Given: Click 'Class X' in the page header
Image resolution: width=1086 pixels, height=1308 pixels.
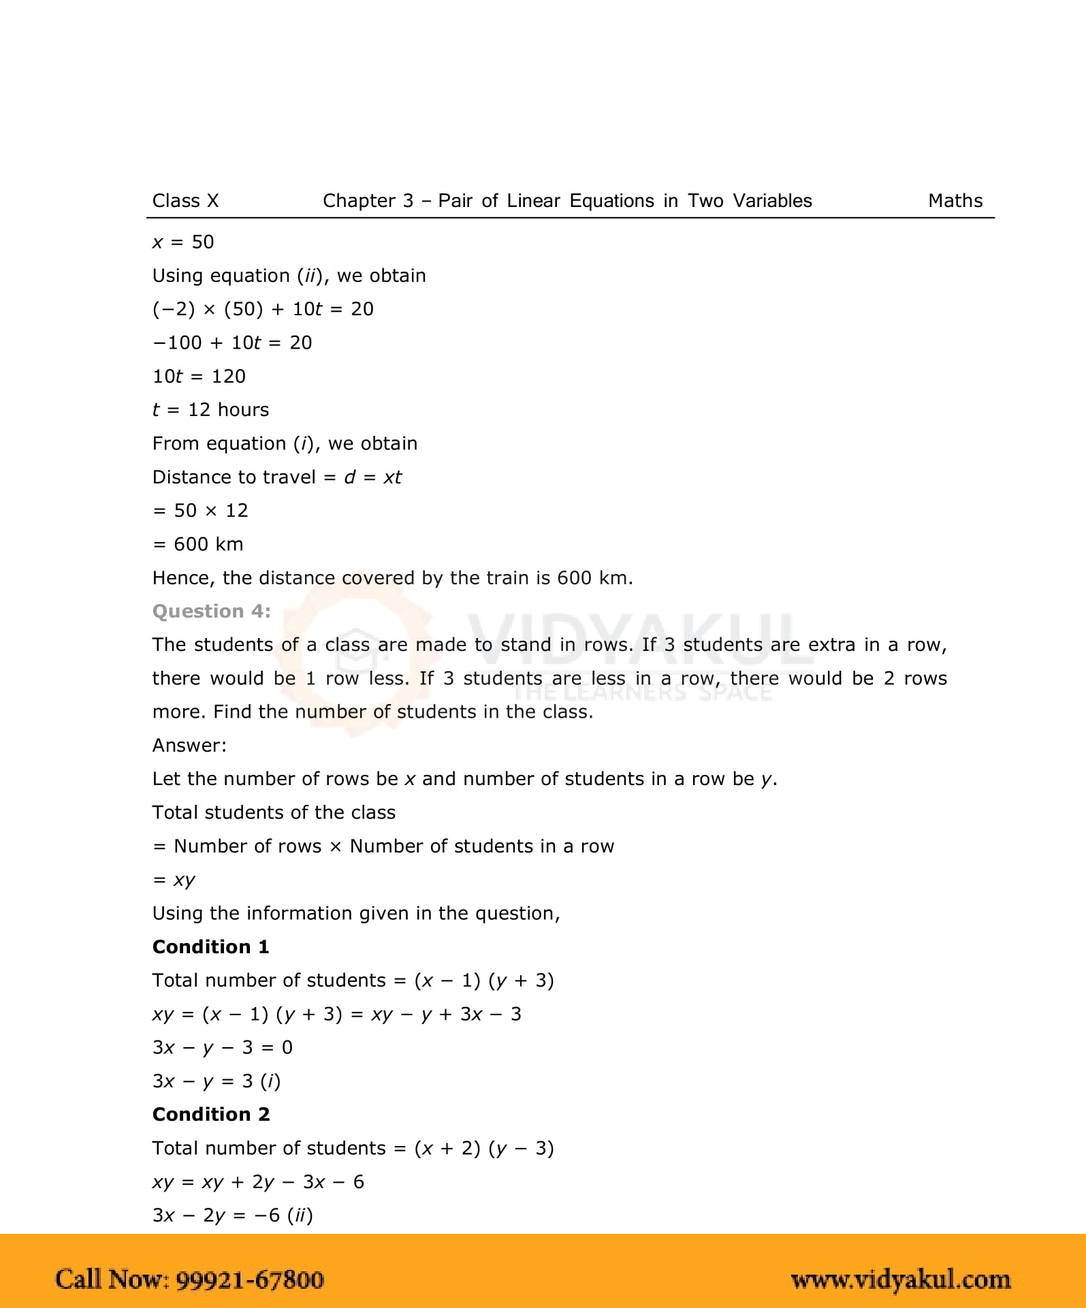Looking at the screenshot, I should [x=185, y=201].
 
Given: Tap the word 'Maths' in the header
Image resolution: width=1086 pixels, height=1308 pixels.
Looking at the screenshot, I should [x=955, y=201].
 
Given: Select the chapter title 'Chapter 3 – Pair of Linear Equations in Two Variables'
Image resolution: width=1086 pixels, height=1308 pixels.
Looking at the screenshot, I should [x=566, y=201].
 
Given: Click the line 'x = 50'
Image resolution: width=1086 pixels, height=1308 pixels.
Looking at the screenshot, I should [x=182, y=242].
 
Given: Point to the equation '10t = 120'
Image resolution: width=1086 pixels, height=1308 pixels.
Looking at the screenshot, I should [x=199, y=377].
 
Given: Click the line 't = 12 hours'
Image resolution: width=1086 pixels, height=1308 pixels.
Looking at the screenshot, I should [x=210, y=410].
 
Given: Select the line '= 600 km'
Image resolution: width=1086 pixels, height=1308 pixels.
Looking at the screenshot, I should [x=197, y=544].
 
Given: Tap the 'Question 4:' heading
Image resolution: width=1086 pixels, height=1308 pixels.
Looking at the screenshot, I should [x=211, y=611].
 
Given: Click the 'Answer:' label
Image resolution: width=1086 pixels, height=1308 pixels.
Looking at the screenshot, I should [x=189, y=746].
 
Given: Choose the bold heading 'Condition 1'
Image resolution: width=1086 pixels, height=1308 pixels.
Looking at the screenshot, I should [x=210, y=947].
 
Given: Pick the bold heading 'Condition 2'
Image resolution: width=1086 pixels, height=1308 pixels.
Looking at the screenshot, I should [x=211, y=1115].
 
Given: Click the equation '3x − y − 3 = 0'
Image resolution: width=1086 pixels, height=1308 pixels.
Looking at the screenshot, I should [x=222, y=1048].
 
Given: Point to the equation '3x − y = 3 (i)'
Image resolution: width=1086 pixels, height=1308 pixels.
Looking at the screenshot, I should [x=217, y=1081].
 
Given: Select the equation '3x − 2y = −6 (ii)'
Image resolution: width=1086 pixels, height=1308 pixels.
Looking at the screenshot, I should [x=232, y=1215].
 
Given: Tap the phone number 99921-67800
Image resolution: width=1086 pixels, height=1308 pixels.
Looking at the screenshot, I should [x=250, y=1279].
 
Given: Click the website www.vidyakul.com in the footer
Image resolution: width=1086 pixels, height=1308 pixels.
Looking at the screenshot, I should [x=900, y=1280].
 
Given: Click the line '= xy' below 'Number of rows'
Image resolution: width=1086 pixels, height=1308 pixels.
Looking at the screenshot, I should [x=174, y=880].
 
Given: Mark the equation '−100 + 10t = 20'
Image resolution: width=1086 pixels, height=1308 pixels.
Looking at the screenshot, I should [x=232, y=343].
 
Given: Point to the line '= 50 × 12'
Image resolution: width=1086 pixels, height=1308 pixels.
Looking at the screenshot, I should [x=200, y=511].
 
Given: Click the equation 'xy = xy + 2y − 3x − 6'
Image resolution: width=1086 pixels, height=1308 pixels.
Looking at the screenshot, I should [x=258, y=1182].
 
